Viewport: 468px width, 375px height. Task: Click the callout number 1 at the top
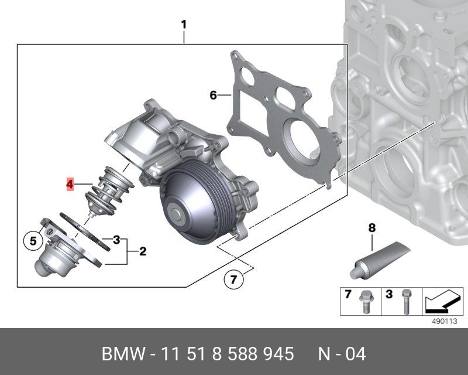[x=184, y=25]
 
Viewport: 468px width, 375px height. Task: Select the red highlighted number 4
[x=70, y=184]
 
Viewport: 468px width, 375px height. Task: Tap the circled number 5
[x=33, y=241]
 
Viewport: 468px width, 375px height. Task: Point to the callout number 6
[x=213, y=95]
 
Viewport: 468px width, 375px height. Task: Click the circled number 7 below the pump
[x=233, y=279]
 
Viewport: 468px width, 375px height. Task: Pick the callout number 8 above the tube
[x=371, y=228]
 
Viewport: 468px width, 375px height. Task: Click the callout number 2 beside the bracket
[x=143, y=251]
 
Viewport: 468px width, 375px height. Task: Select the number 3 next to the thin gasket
[x=116, y=240]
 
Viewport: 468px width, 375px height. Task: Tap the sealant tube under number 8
[x=380, y=260]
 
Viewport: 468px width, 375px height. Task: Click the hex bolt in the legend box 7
[x=365, y=302]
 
